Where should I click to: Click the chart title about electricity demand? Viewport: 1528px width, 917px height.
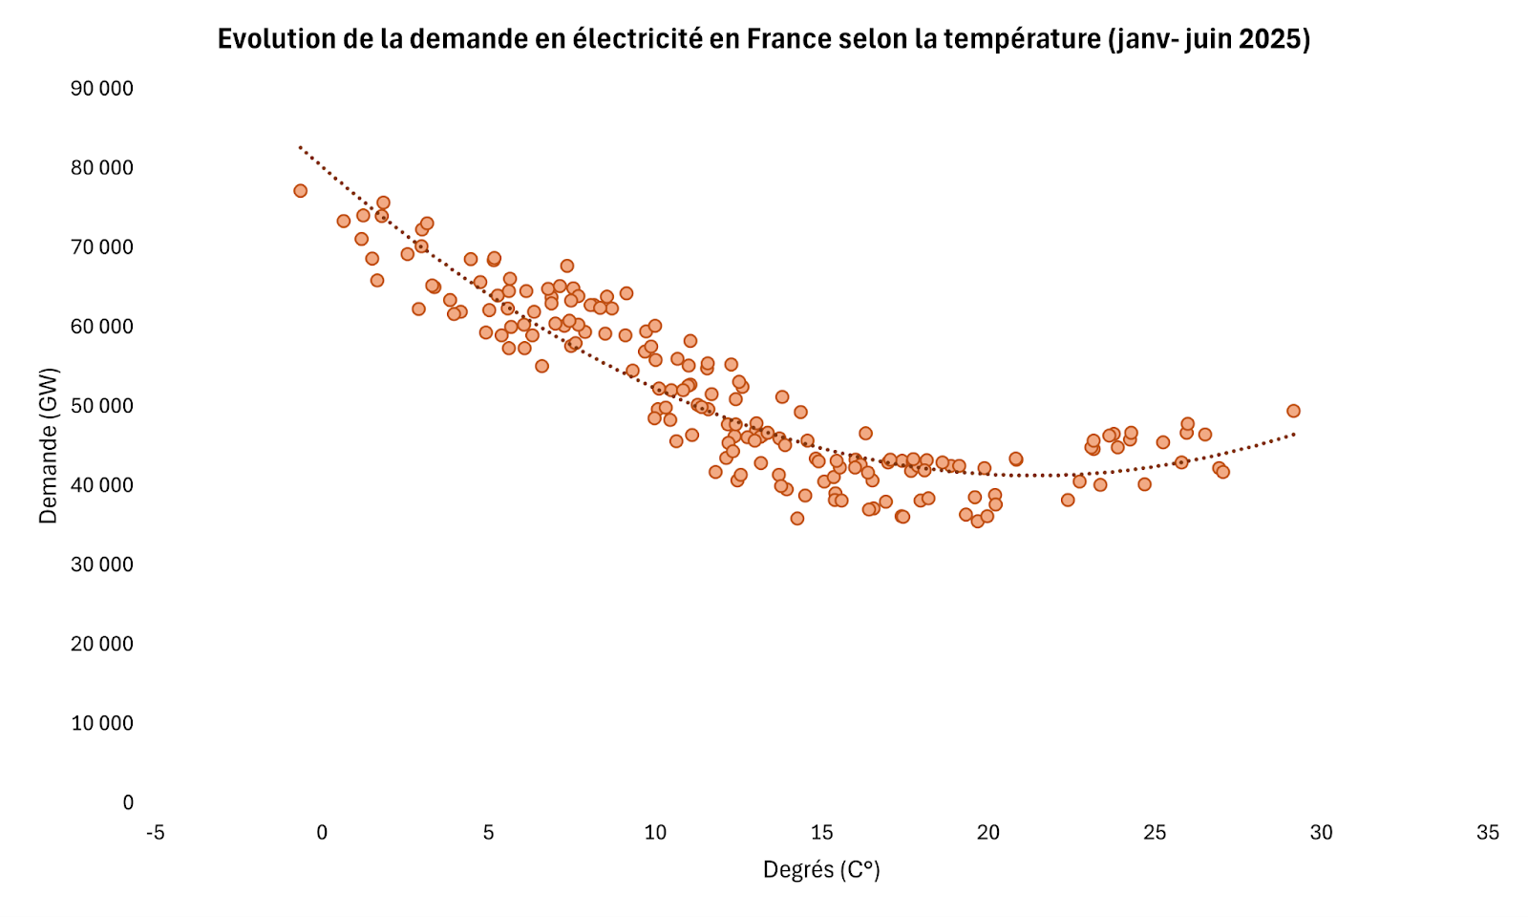pos(764,39)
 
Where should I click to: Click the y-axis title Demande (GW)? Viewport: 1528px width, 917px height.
pos(49,445)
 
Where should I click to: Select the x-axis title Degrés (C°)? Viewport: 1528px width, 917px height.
pos(821,870)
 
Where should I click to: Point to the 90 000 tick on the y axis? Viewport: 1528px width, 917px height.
pos(102,89)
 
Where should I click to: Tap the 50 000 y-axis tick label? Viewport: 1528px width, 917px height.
pos(102,406)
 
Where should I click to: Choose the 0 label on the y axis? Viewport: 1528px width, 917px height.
pos(128,802)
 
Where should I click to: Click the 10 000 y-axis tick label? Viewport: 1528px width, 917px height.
pos(102,723)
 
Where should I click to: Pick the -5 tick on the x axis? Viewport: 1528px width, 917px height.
pos(155,833)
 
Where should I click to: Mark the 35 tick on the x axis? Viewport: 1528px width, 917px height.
pos(1488,833)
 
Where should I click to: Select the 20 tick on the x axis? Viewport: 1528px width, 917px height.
pos(988,833)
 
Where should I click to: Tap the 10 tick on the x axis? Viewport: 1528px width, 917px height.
pos(655,833)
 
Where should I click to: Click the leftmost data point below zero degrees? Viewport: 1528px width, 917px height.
pos(300,191)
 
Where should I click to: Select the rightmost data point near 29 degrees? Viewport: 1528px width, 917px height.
pos(1293,411)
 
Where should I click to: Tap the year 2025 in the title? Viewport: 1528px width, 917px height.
pos(1273,39)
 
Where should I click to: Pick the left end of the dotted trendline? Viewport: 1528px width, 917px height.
pos(300,147)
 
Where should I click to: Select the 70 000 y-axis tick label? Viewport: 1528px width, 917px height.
pos(102,247)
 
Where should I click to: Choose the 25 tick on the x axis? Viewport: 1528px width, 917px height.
pos(1155,833)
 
